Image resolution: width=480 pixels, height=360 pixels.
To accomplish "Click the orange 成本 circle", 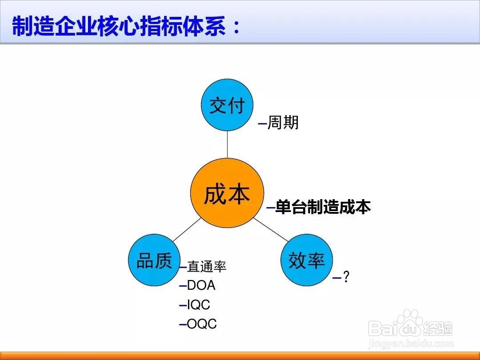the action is point(227,193).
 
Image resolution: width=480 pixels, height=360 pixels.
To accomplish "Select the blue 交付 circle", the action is point(227,105).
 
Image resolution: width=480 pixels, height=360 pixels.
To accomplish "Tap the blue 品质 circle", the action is point(154,260).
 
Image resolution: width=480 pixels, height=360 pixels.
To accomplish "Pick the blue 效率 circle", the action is point(307,260).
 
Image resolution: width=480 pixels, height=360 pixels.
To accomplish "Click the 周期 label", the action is point(283,123).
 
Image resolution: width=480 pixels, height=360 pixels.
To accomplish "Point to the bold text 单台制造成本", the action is point(323,207).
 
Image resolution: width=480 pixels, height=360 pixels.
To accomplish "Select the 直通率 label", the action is point(207,266).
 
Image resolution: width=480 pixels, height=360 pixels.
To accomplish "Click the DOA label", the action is point(201,285).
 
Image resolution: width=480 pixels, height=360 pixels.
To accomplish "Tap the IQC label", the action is point(199,304).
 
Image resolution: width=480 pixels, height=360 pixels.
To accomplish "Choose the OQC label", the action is point(202,324).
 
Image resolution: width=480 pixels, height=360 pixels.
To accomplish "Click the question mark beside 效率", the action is point(346,276).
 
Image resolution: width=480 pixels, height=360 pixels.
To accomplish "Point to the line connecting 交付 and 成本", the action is point(227,144).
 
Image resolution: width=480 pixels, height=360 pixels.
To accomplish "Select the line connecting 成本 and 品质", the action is point(187,230).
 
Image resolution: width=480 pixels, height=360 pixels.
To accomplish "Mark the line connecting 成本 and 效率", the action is point(271,230).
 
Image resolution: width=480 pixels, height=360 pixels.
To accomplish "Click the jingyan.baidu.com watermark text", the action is point(411,344).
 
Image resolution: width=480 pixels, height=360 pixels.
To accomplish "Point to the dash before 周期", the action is point(263,124).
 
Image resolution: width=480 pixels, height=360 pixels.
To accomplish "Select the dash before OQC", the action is point(183,324).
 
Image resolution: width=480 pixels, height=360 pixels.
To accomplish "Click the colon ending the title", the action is point(236,27).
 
